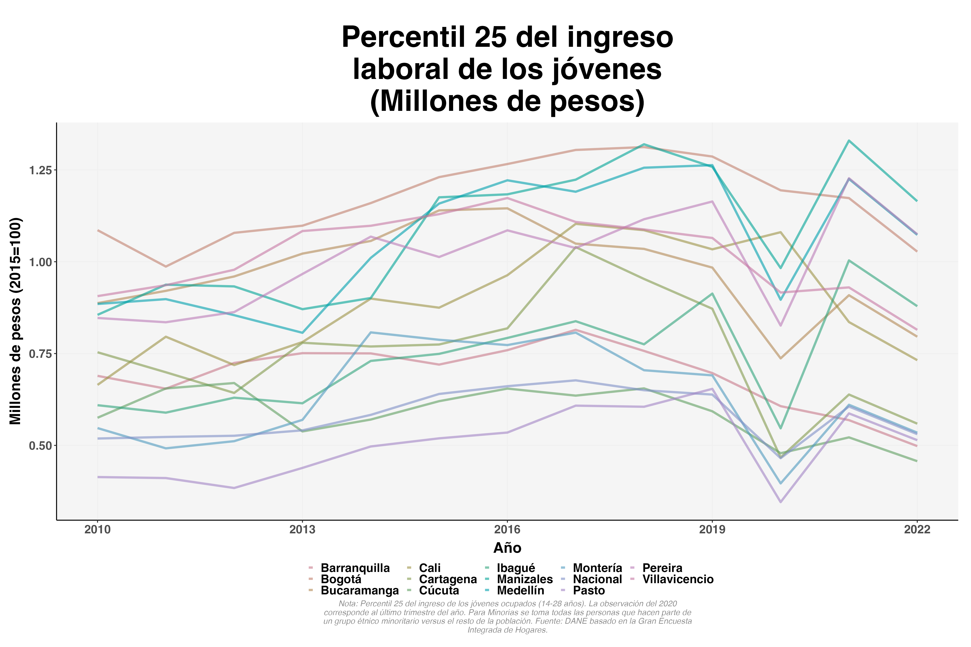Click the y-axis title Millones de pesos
coord(16,321)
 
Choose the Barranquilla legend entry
coord(355,568)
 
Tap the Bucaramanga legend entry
coord(359,590)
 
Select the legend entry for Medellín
coord(520,590)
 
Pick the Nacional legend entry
coord(597,579)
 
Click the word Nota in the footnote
coord(348,604)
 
